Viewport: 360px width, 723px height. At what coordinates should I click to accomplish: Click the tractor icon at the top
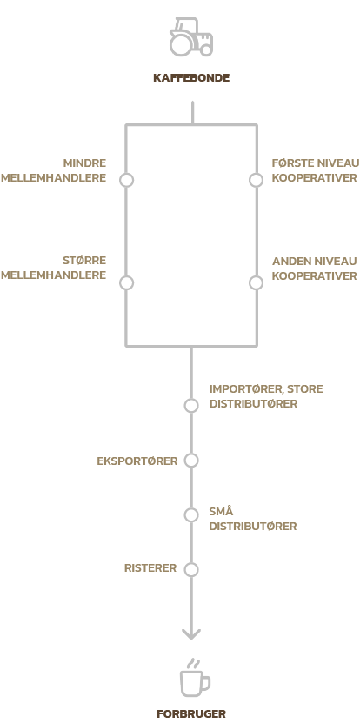191,36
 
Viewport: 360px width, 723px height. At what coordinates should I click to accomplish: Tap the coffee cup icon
194,679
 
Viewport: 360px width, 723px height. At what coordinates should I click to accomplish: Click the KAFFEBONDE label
191,78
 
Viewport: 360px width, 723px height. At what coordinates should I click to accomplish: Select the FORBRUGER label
191,714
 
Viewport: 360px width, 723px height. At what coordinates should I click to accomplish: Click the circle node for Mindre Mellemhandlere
126,180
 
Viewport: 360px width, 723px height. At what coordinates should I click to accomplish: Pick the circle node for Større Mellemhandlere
126,283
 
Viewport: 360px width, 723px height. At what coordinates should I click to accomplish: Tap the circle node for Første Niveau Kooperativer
257,180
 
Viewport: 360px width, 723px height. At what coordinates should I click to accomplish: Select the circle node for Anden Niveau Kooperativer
257,283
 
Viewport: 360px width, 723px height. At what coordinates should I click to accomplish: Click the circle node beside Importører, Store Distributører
191,406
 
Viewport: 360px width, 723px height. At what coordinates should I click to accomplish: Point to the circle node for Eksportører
191,461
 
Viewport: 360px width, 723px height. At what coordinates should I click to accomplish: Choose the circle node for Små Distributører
191,515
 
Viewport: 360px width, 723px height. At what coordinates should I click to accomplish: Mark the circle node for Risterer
191,569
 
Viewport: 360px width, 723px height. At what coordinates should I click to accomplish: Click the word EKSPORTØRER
137,461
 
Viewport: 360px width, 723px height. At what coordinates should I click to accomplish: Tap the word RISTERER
150,568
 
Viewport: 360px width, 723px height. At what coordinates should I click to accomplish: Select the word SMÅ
221,511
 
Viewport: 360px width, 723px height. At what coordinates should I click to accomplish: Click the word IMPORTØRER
247,389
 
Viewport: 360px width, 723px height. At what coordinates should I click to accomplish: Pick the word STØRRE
84,261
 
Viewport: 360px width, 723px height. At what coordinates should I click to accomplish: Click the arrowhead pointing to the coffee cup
191,633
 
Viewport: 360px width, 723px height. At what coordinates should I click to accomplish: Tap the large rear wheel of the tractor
181,44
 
